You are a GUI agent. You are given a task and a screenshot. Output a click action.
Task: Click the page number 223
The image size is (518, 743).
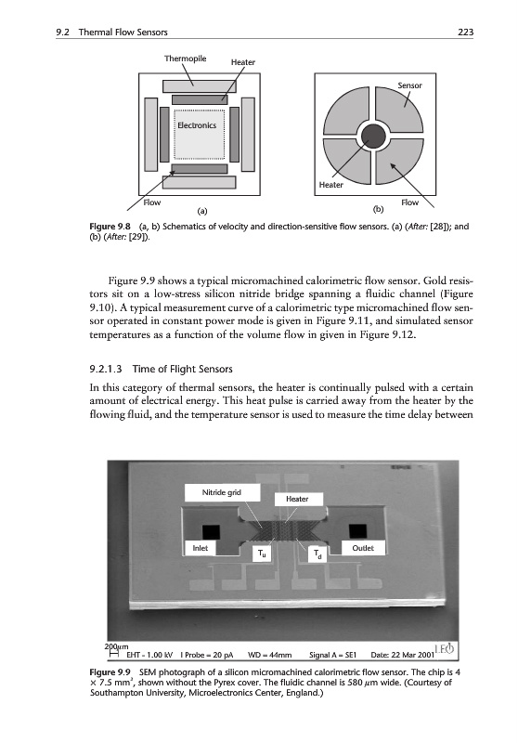point(465,33)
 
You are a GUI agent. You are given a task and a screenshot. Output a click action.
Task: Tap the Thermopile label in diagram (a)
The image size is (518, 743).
point(185,59)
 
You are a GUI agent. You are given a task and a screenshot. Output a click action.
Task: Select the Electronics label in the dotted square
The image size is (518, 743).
point(197,125)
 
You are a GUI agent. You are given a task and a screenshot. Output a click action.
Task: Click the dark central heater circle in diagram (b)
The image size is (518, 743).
point(372,137)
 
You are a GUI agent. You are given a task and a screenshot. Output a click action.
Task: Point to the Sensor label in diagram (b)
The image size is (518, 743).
point(409,85)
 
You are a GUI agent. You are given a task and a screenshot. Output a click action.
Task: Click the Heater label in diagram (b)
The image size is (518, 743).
point(331,185)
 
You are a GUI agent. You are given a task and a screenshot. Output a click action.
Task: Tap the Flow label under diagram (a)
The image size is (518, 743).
point(152,202)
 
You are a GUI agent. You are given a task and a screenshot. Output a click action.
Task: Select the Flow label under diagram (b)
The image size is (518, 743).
point(409,202)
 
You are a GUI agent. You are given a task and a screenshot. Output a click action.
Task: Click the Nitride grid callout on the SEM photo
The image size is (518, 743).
point(222,492)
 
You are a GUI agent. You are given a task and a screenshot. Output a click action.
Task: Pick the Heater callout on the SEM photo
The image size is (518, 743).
point(297,499)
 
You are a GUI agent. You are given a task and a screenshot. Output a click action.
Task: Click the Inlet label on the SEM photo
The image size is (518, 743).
point(201,548)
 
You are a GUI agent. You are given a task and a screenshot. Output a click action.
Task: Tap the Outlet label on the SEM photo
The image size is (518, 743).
point(363,548)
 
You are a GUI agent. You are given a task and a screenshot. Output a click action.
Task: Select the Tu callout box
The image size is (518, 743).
point(262,553)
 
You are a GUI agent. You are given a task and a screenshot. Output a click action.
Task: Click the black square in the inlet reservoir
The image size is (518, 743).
point(211,531)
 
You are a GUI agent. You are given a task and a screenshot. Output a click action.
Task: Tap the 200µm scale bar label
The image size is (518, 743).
point(116,646)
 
